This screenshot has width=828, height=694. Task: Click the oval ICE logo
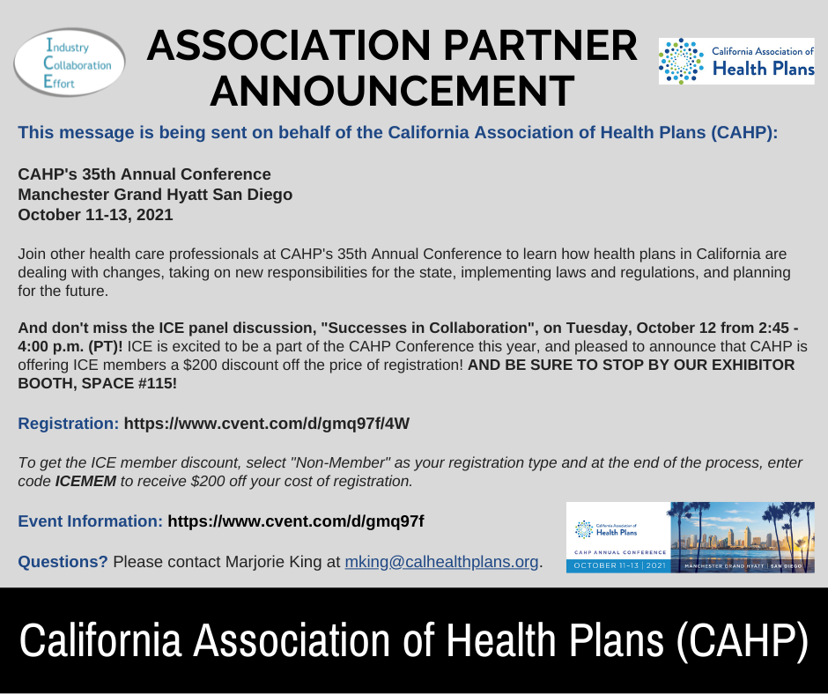click(x=70, y=63)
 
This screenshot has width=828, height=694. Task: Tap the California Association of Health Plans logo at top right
click(x=736, y=62)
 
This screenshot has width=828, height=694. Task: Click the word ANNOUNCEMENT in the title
click(x=392, y=91)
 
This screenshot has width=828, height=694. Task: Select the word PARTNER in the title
click(x=540, y=46)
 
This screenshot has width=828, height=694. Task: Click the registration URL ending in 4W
click(x=267, y=424)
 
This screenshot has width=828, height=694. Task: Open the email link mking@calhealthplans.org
click(x=441, y=561)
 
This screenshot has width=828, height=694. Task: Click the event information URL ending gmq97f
click(x=296, y=521)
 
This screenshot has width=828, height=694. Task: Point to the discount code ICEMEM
click(x=85, y=481)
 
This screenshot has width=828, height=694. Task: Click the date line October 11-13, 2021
click(x=96, y=215)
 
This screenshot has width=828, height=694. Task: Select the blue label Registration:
click(x=69, y=424)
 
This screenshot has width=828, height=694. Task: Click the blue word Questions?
click(x=63, y=561)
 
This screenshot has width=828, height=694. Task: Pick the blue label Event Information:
click(x=91, y=521)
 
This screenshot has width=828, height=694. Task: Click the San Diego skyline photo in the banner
click(x=743, y=537)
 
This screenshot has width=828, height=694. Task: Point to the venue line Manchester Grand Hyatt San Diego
click(x=155, y=195)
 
